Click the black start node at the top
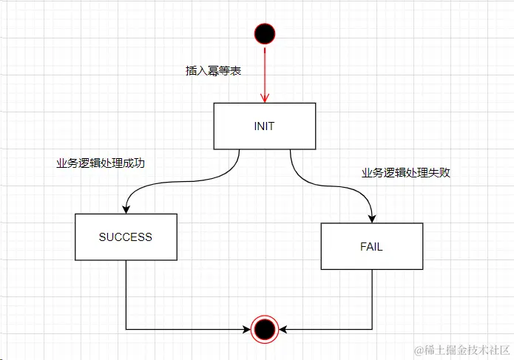pyautogui.click(x=264, y=33)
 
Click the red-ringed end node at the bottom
pyautogui.click(x=264, y=328)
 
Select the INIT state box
pyautogui.click(x=264, y=126)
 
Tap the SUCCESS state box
pyautogui.click(x=126, y=237)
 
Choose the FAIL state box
pyautogui.click(x=371, y=246)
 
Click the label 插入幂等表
pyautogui.click(x=213, y=72)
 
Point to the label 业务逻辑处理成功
pyautogui.click(x=101, y=163)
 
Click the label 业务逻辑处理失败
pyautogui.click(x=406, y=173)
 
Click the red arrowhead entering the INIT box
pyautogui.click(x=264, y=98)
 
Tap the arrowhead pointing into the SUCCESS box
pyautogui.click(x=126, y=209)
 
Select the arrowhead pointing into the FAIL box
pyautogui.click(x=371, y=219)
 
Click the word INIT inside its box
pyautogui.click(x=264, y=126)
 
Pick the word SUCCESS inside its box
pyautogui.click(x=126, y=237)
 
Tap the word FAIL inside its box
pyautogui.click(x=371, y=247)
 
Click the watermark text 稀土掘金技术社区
pyautogui.click(x=462, y=349)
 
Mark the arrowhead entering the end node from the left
pyautogui.click(x=246, y=328)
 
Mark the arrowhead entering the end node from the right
pyautogui.click(x=283, y=328)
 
